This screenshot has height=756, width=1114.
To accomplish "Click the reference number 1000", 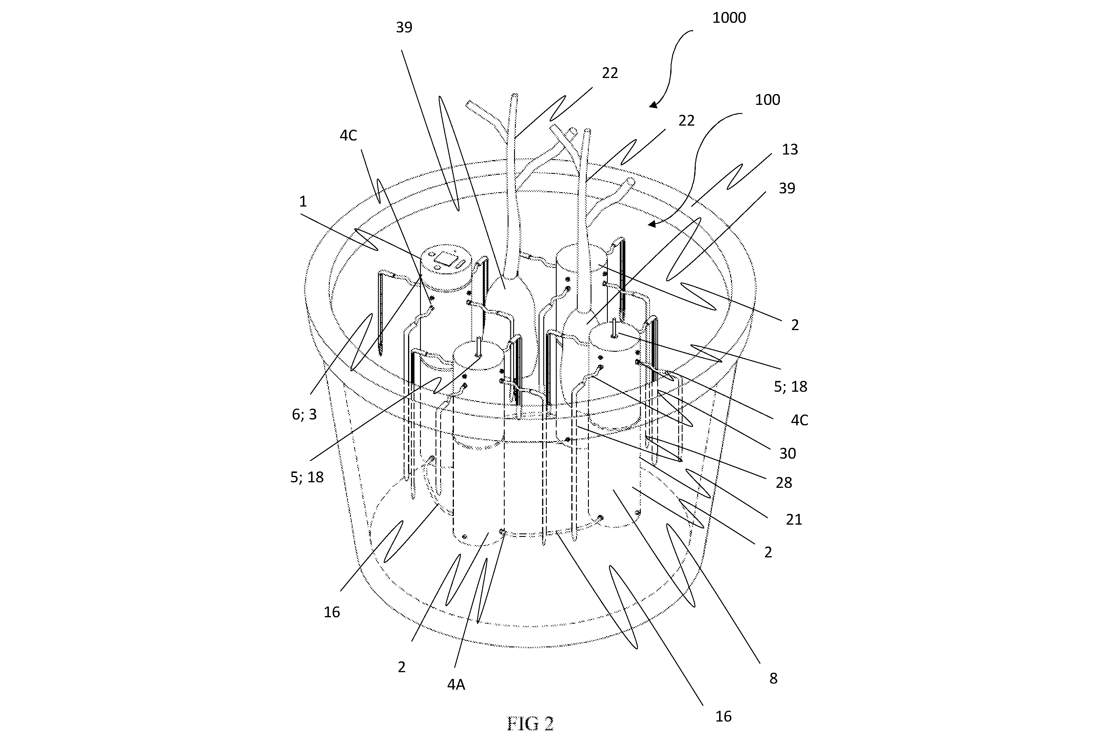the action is point(729,18).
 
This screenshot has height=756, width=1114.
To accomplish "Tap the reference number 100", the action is point(767,100).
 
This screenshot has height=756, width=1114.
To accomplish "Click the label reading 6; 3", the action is point(304,414).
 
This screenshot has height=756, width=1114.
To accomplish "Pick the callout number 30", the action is point(787,453).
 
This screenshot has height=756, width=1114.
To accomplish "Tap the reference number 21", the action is point(794,520).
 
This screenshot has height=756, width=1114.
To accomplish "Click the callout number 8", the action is point(773,678).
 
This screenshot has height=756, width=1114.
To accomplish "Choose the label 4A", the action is point(456,684).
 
